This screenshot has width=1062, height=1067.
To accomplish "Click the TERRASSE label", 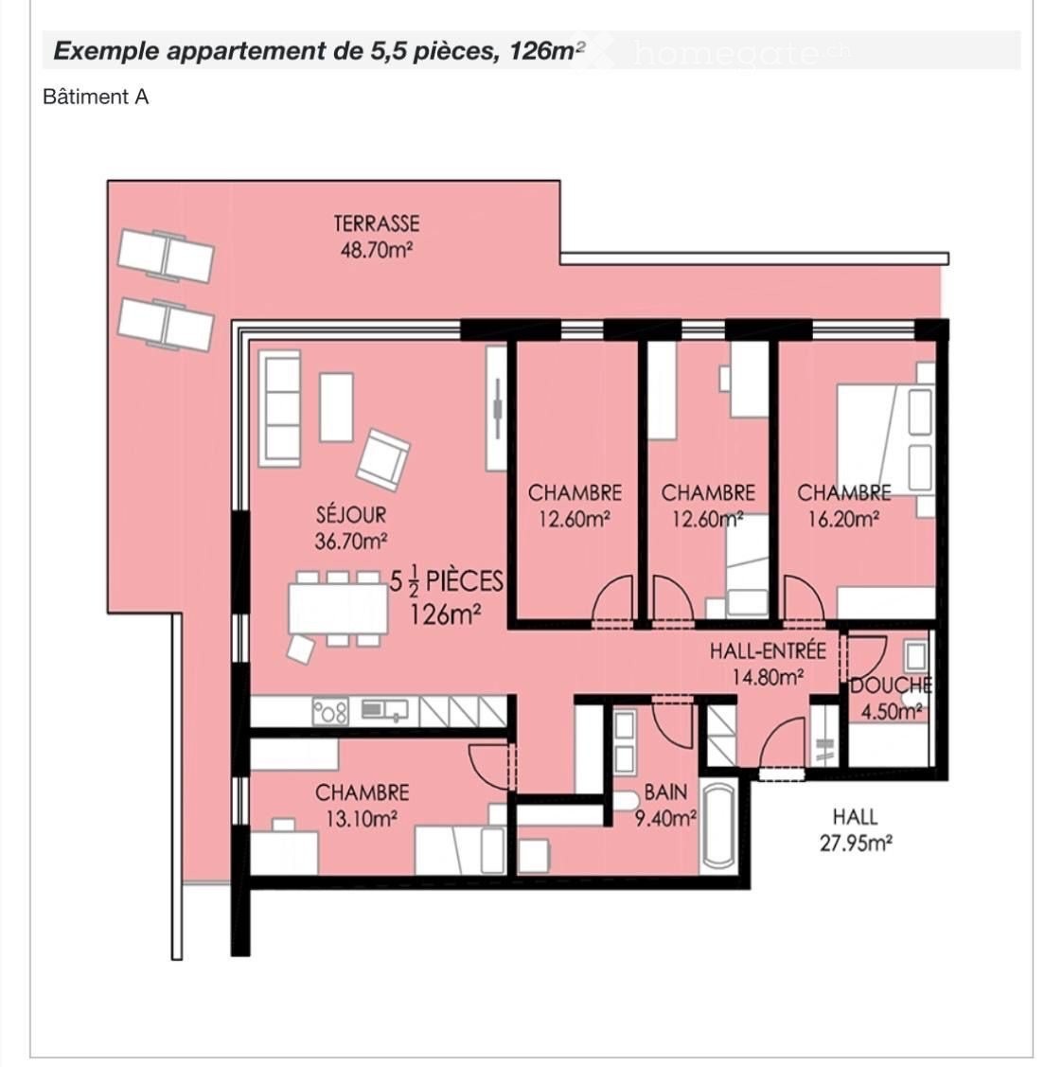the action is point(376,223).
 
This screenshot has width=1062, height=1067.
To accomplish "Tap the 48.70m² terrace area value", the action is point(376,250).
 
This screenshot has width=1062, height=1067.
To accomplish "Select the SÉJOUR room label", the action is point(351,514).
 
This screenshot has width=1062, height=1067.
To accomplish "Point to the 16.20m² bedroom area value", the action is point(843,519).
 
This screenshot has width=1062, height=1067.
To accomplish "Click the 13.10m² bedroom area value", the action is point(362,819).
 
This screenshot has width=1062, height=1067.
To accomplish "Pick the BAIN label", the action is point(665,792).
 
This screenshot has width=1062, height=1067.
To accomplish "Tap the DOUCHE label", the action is point(891,685).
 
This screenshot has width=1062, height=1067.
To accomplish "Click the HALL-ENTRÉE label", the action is point(768,651).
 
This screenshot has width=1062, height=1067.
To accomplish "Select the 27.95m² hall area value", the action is point(856,844).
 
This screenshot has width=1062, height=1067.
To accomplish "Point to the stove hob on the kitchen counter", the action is point(330,711).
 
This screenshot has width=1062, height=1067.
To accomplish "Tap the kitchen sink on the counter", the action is point(384,710).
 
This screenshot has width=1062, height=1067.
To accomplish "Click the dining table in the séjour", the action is point(338,609).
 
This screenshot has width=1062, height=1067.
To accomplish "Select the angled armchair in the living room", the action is point(383,459).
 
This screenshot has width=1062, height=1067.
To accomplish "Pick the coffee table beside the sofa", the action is point(336,407).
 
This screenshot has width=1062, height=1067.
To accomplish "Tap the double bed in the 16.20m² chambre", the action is point(884,439).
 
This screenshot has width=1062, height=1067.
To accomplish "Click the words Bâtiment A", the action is point(96,98).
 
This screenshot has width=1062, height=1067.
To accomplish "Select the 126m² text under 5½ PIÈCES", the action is point(445,614).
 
